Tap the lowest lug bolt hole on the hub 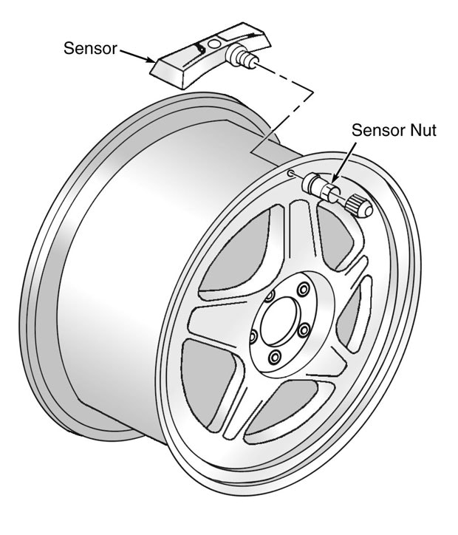pos(275,359)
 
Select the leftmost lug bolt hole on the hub pos(253,337)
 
